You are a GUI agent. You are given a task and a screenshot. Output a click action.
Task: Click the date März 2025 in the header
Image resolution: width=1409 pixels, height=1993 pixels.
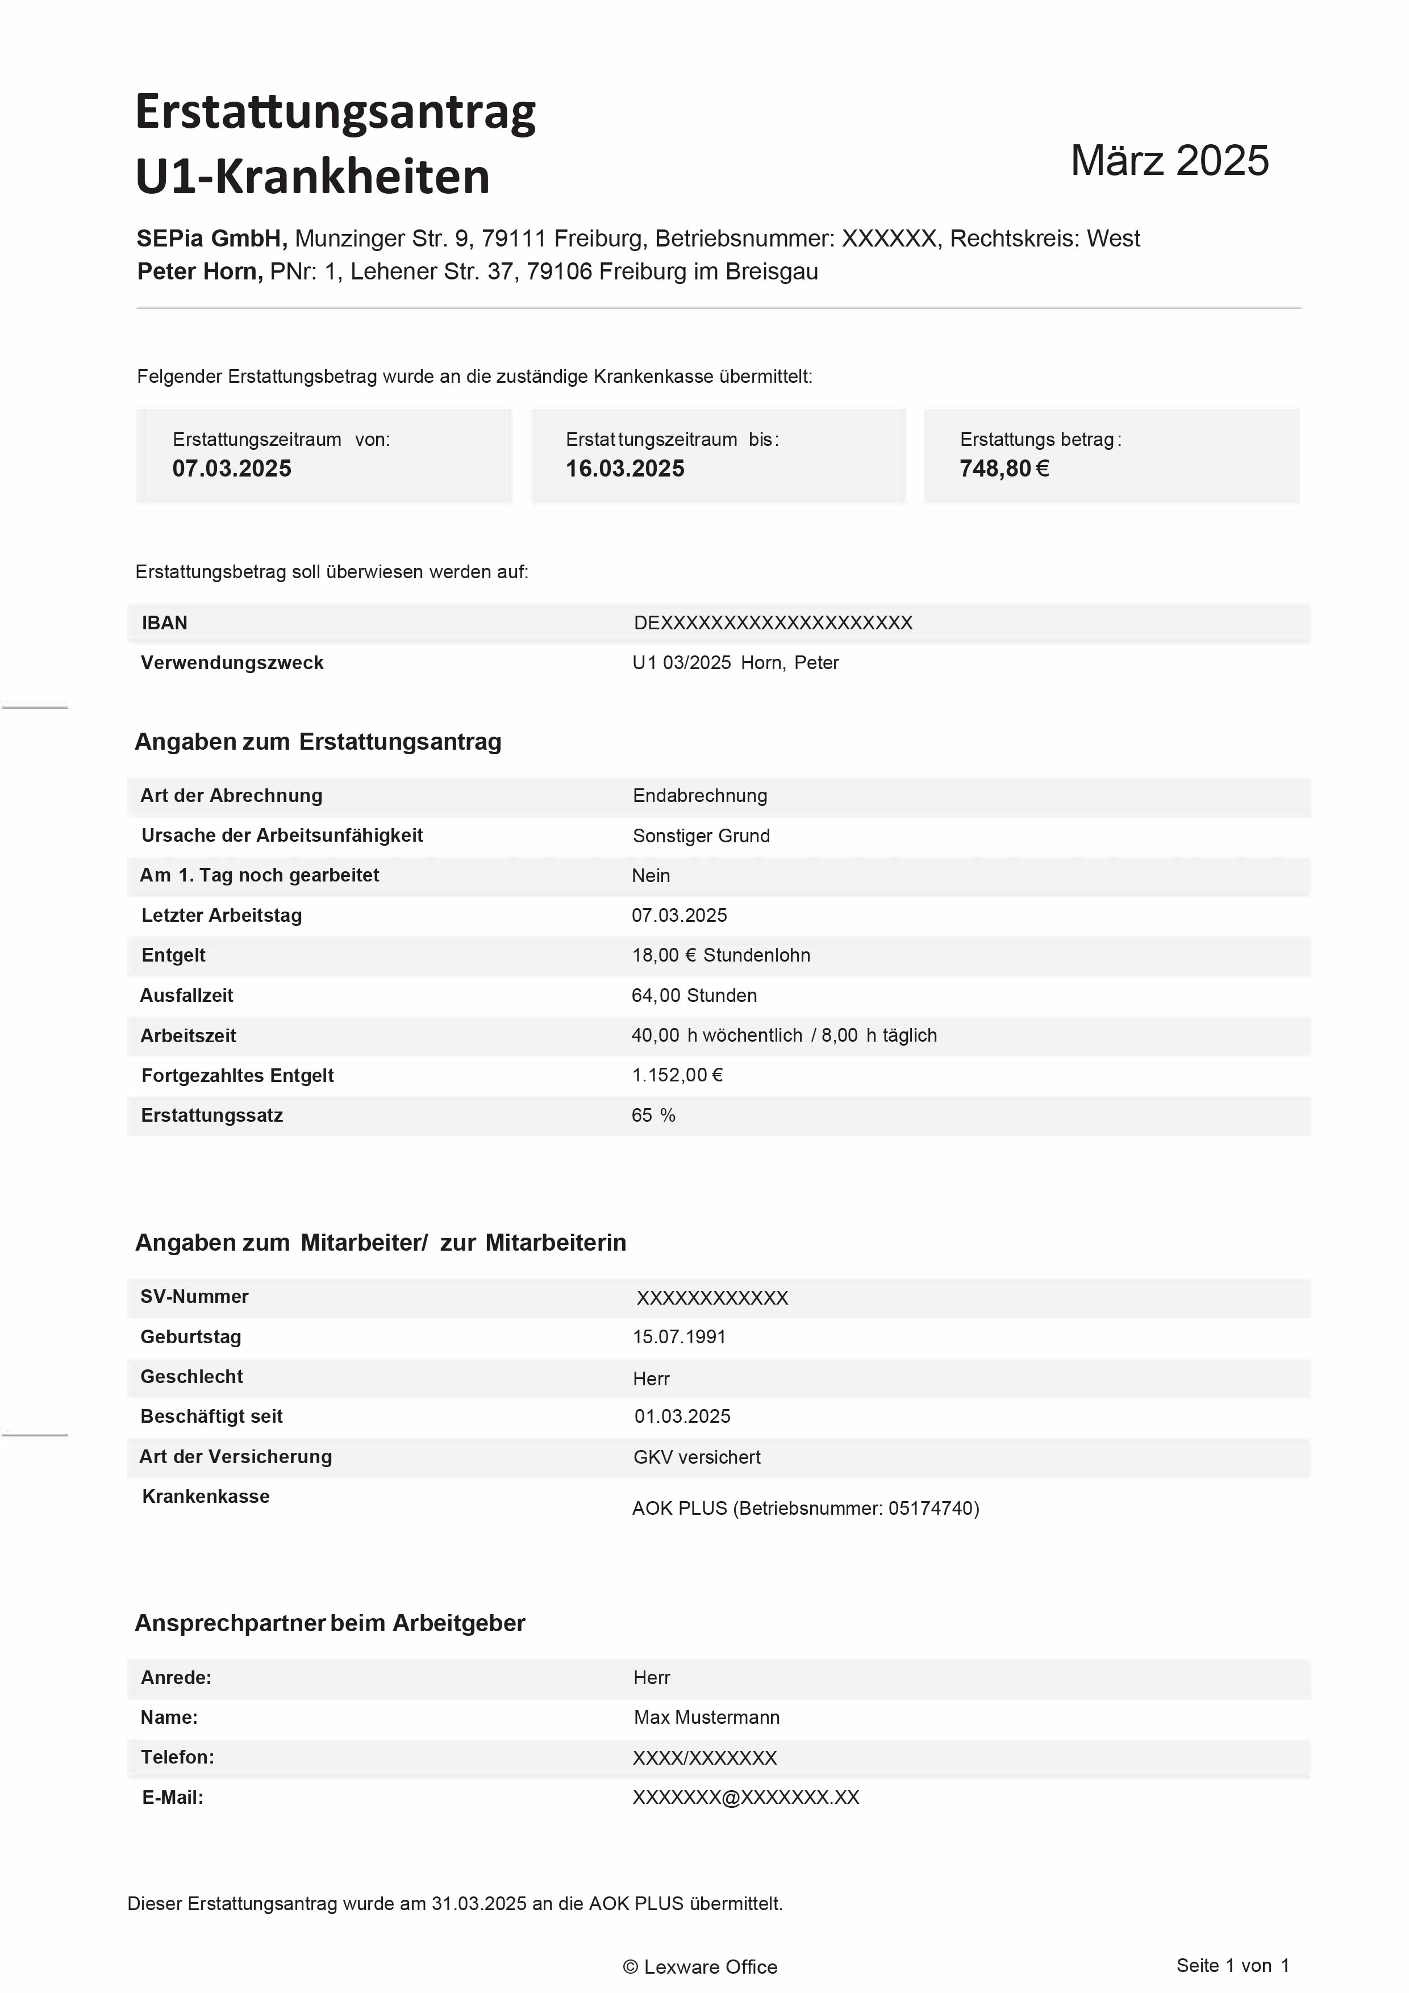[1169, 161]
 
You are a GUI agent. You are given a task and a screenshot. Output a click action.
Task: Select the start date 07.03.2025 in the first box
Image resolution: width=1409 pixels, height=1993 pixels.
[232, 469]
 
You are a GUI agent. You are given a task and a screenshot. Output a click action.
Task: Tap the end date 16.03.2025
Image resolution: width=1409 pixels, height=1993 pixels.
[625, 469]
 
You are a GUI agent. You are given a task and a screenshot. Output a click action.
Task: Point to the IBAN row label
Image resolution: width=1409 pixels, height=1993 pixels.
[164, 622]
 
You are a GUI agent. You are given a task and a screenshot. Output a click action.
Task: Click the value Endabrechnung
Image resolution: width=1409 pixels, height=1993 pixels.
[700, 795]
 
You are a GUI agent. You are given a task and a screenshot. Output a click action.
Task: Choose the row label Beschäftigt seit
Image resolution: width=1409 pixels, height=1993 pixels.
[212, 1416]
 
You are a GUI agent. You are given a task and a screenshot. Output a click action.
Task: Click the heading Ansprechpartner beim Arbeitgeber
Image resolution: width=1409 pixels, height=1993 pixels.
[330, 1623]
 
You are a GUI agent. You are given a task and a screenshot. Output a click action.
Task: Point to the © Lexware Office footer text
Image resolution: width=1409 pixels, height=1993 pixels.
[700, 1967]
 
